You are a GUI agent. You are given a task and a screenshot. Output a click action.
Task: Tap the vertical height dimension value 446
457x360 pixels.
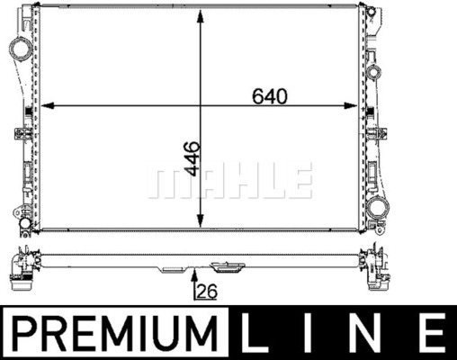click(x=191, y=159)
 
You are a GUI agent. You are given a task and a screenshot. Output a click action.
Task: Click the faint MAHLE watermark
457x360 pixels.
click(x=229, y=181)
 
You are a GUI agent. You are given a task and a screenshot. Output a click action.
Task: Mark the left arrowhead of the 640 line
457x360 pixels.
click(x=46, y=107)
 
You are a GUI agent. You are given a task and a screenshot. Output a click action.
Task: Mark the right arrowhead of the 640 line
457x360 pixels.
click(x=355, y=107)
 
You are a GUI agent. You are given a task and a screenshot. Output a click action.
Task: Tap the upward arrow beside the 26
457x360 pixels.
click(x=195, y=278)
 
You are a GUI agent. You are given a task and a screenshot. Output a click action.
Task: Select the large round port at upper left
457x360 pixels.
click(x=18, y=47)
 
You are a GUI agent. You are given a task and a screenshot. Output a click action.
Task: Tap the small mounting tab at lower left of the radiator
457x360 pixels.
click(x=20, y=215)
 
